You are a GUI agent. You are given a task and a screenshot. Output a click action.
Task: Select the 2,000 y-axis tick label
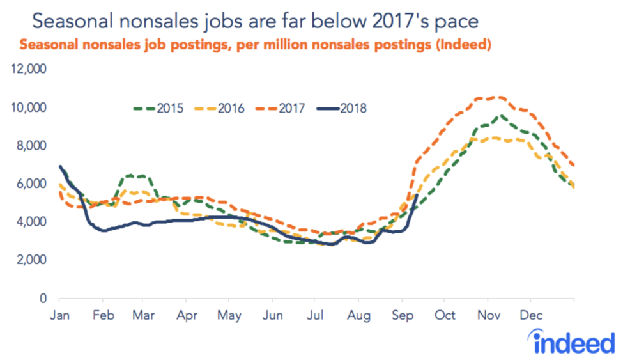click(x=33, y=260)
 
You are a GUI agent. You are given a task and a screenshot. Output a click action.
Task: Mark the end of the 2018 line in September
click(x=417, y=195)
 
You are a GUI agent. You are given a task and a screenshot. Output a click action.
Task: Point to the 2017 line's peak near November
click(x=497, y=97)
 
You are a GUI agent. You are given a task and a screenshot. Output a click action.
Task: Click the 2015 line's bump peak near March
click(x=131, y=175)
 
